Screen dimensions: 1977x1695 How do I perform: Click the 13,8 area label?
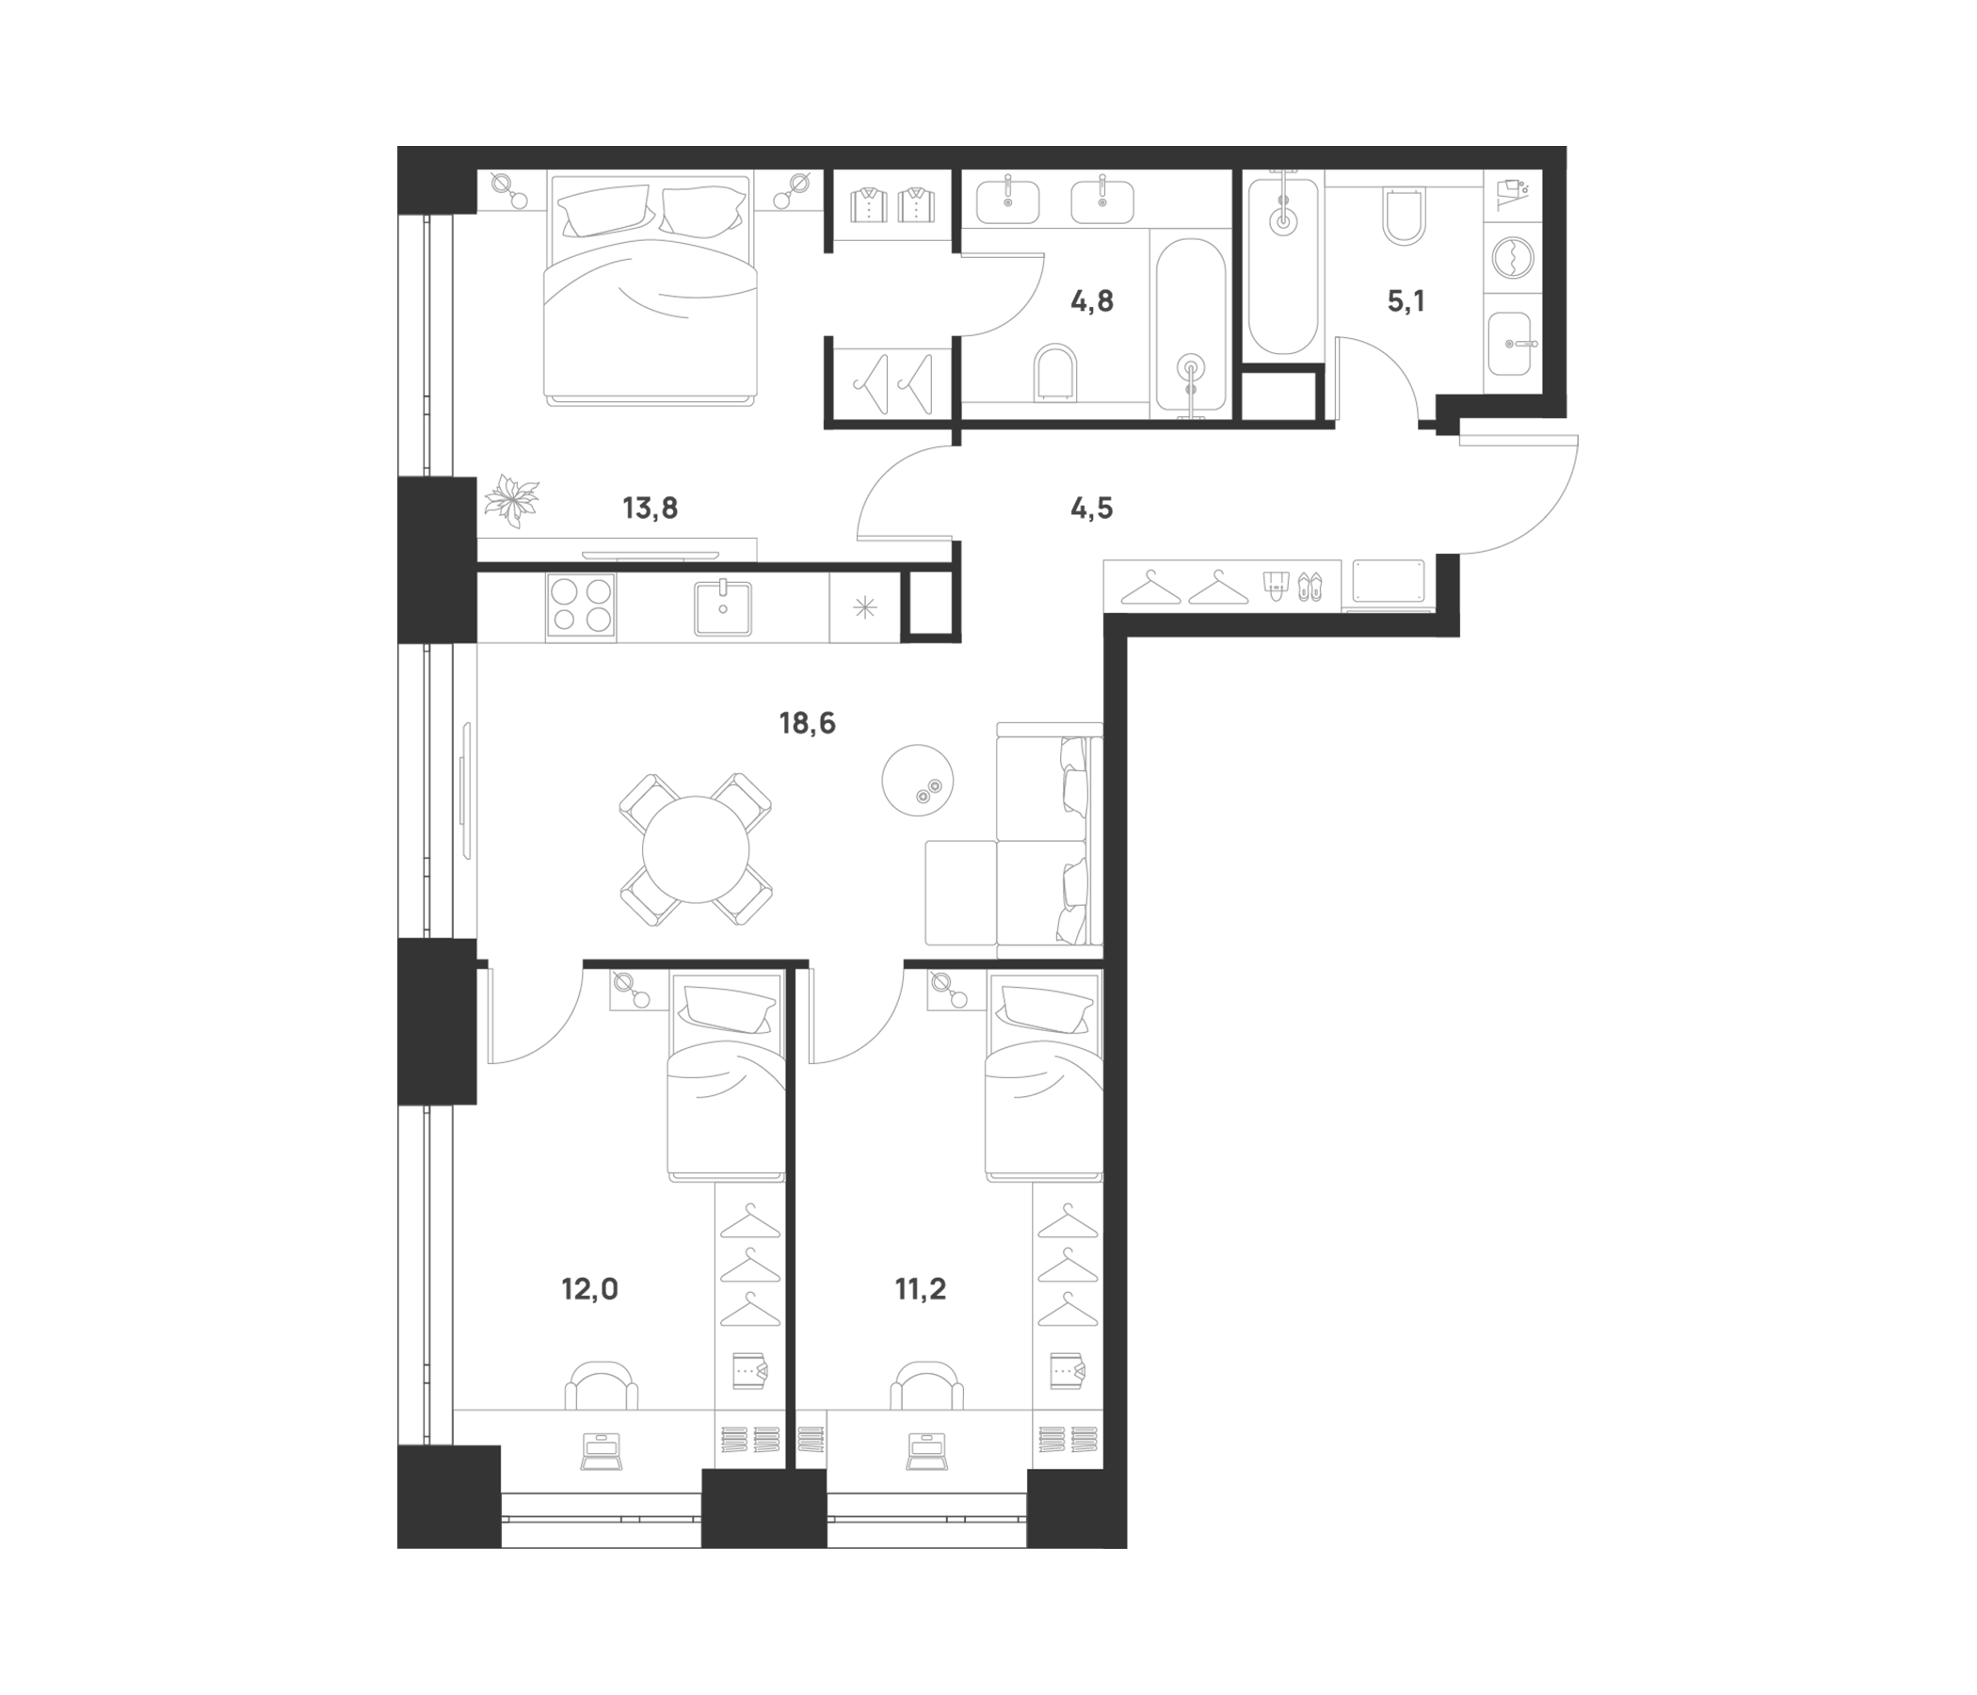pos(650,508)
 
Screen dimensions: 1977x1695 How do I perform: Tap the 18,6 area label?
pos(807,724)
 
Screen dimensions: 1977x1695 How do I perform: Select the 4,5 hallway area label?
pos(1091,508)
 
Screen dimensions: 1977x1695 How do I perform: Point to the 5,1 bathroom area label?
pos(1406,302)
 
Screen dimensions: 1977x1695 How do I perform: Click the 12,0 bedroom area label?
pos(589,1290)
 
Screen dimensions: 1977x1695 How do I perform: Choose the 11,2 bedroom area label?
pos(921,1290)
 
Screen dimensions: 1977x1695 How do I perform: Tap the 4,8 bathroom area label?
pos(1091,302)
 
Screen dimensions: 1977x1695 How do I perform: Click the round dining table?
pos(697,849)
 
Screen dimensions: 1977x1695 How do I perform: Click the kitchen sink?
pos(722,607)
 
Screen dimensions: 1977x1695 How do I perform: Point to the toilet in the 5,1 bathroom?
pos(1405,218)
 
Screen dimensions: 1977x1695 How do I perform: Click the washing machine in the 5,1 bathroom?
pos(1511,258)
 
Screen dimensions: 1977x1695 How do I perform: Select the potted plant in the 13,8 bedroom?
pos(512,502)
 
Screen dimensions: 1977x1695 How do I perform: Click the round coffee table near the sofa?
pos(918,780)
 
